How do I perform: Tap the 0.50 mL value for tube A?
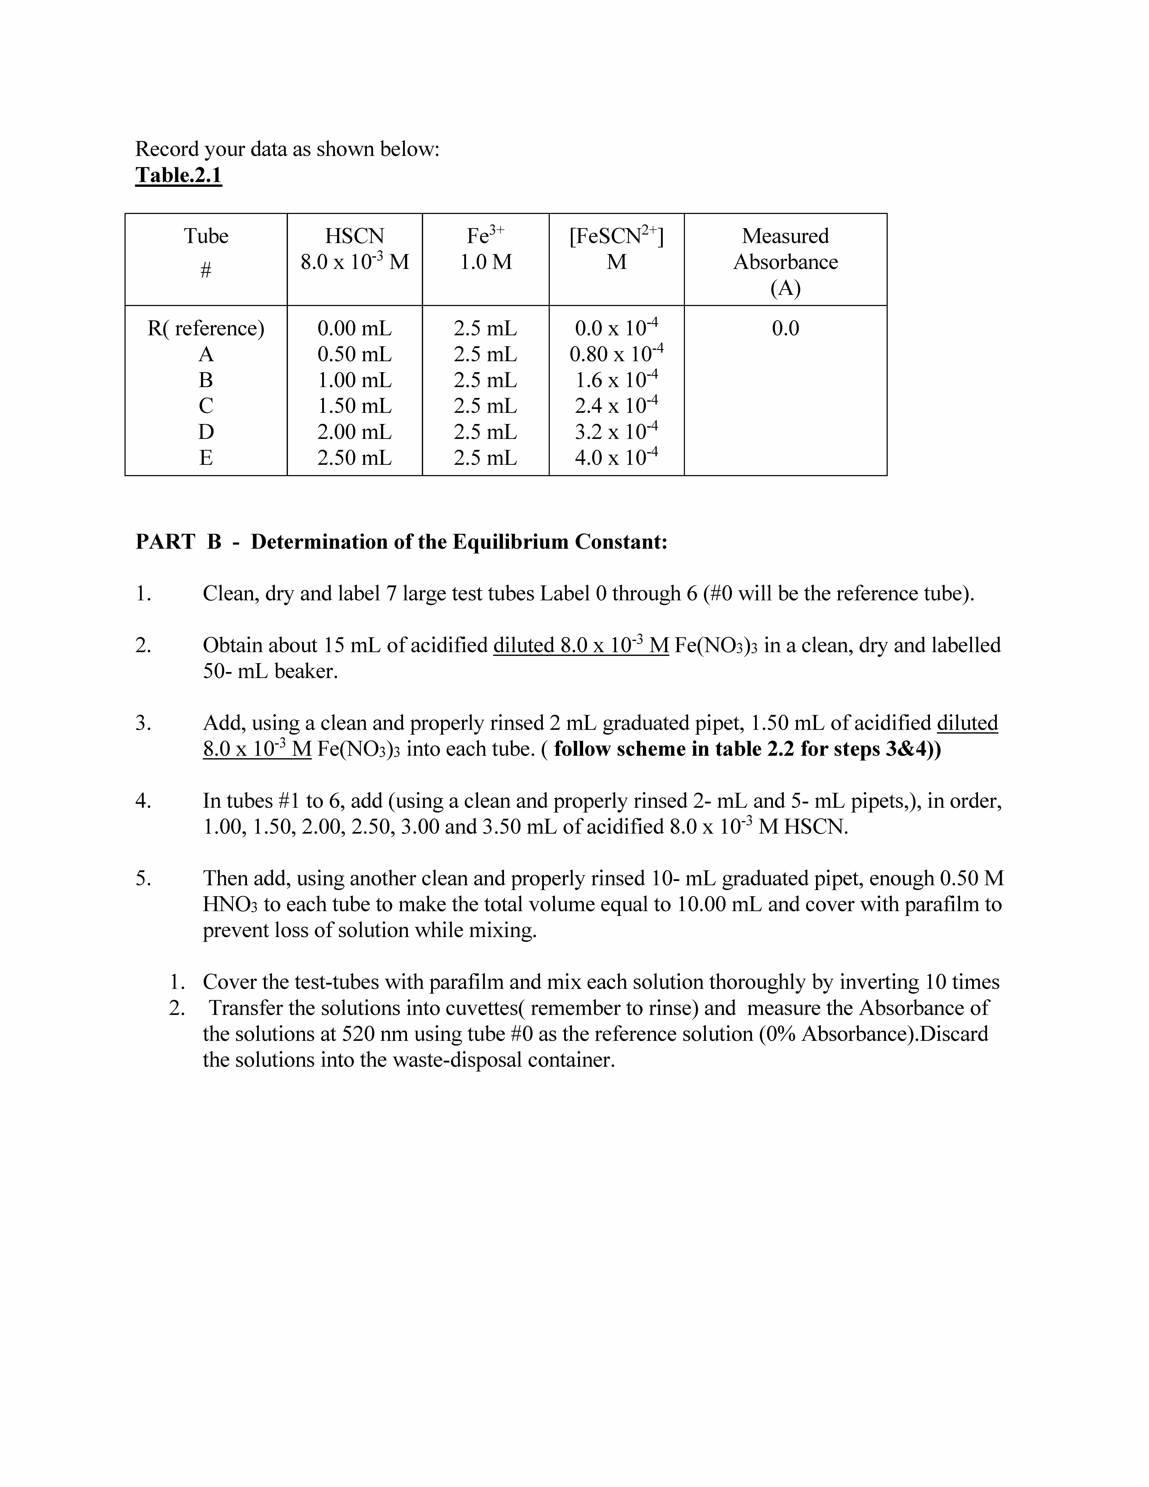[355, 354]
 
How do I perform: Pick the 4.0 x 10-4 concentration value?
[616, 457]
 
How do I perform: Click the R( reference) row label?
[206, 328]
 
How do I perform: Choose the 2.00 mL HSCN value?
[355, 432]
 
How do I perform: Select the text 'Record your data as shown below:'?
[287, 148]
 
